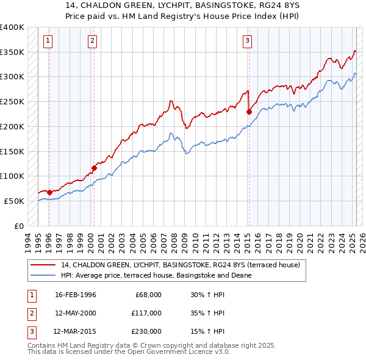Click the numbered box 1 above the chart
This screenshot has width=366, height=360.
[48, 41]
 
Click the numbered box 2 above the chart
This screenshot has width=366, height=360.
[92, 41]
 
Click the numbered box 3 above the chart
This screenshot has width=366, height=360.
[248, 41]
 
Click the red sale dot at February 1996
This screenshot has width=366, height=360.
[49, 192]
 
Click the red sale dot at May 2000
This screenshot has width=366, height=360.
[95, 168]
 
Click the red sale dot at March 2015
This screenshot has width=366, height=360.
[249, 112]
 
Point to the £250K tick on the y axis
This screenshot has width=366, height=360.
[13, 101]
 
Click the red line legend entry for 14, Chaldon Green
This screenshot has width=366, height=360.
[180, 265]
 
